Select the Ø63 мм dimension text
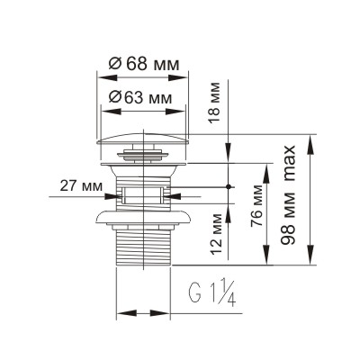click(x=142, y=96)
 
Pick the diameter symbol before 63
click(x=114, y=96)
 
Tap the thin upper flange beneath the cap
click(x=142, y=165)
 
